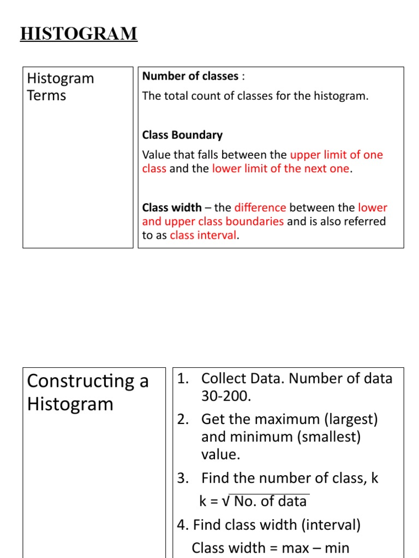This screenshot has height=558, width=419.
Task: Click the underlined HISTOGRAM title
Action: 79,34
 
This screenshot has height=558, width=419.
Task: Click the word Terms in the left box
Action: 46,95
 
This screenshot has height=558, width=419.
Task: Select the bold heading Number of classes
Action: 190,76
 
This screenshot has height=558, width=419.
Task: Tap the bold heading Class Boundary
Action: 182,135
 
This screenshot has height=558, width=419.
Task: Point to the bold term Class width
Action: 172,208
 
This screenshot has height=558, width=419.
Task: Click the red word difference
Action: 260,208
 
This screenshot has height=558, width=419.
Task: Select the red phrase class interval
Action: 203,235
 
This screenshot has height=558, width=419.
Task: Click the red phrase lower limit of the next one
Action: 280,168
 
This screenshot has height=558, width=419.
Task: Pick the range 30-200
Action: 226,396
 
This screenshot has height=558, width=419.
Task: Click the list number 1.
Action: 182,379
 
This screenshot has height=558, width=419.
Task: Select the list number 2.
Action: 182,419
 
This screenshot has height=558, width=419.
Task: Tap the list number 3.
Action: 182,478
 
